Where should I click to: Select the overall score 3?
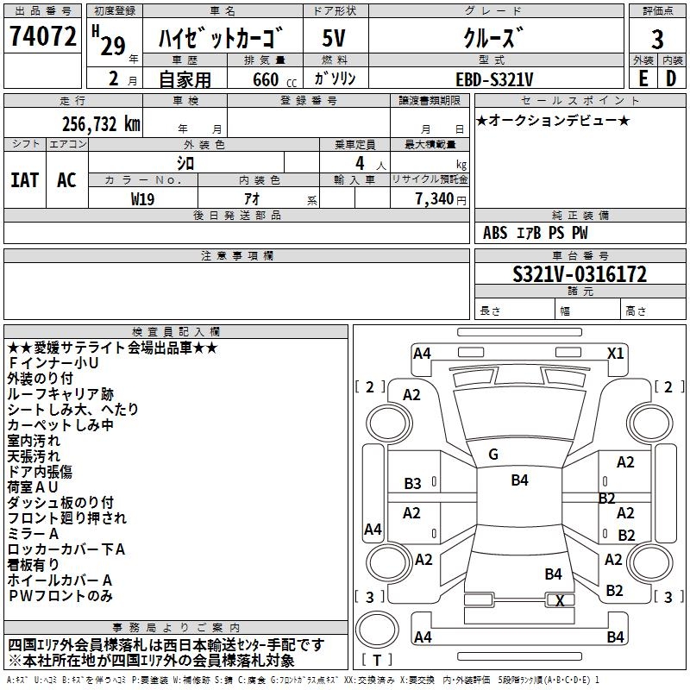tap(656, 39)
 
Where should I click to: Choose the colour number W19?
tap(143, 198)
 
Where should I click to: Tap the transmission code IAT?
tap(24, 180)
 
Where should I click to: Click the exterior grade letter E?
tap(643, 78)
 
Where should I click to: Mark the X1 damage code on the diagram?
tap(615, 353)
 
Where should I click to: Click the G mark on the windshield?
tap(493, 455)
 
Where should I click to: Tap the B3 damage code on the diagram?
tap(413, 484)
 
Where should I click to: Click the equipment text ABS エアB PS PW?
tap(536, 233)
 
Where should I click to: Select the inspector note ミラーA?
tap(34, 534)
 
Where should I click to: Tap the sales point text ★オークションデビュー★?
tap(553, 120)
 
